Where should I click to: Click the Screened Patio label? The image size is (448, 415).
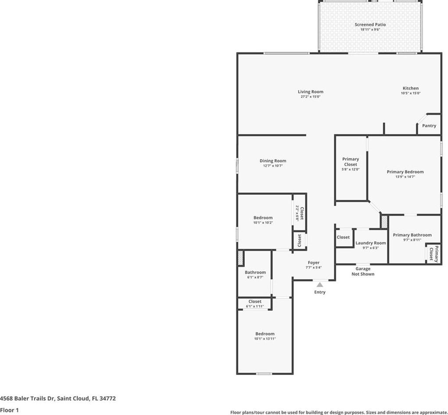coord(370,25)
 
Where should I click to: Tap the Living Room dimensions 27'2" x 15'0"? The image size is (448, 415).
coord(311,97)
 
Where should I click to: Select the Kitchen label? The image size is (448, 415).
coord(411,88)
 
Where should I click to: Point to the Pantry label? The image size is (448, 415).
coord(429,126)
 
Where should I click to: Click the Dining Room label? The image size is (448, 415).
coord(273,161)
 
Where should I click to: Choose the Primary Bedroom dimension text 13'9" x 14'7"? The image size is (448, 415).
coord(405,177)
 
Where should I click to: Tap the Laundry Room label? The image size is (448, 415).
coord(371,243)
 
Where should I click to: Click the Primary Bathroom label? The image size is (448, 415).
coord(412,235)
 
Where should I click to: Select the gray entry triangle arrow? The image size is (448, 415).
coord(320,284)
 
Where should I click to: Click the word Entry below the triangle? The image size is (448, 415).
coord(320,292)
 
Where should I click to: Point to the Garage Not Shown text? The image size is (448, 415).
coord(363,271)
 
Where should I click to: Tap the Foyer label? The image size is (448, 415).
coord(313,262)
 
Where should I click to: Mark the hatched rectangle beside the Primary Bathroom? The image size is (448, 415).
coord(384,222)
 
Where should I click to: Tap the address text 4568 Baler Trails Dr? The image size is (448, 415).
coord(27,398)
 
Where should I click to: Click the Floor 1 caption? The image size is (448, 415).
coord(9,410)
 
